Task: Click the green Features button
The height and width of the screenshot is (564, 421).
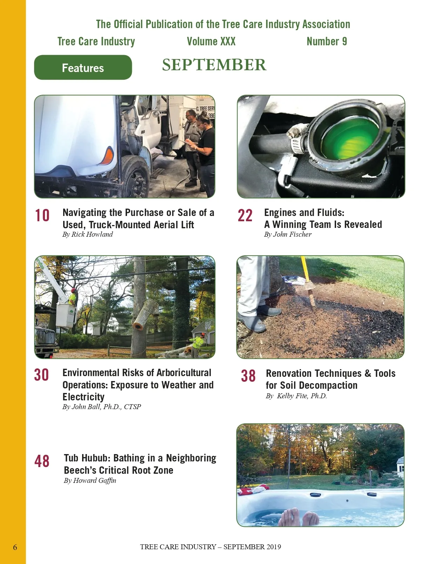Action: pos(83,67)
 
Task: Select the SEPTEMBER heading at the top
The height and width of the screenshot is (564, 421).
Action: pos(214,65)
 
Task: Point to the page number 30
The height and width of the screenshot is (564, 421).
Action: pos(41,375)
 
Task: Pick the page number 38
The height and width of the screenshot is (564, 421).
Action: pos(248,376)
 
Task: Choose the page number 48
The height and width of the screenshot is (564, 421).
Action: pos(42,461)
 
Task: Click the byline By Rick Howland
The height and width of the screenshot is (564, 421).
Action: pos(88,234)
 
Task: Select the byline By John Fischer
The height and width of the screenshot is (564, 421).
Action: pos(288,234)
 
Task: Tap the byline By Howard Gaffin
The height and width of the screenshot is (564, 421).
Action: pos(90,480)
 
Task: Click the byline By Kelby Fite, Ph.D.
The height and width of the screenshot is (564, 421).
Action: pos(296,396)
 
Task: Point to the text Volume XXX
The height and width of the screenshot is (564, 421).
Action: pos(211,41)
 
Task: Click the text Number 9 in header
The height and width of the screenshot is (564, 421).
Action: pos(327,41)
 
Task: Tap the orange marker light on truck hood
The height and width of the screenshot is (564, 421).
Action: pos(109,156)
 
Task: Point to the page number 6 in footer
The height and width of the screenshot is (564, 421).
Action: pos(15,547)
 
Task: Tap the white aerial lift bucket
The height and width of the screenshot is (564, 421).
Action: pos(66,315)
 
